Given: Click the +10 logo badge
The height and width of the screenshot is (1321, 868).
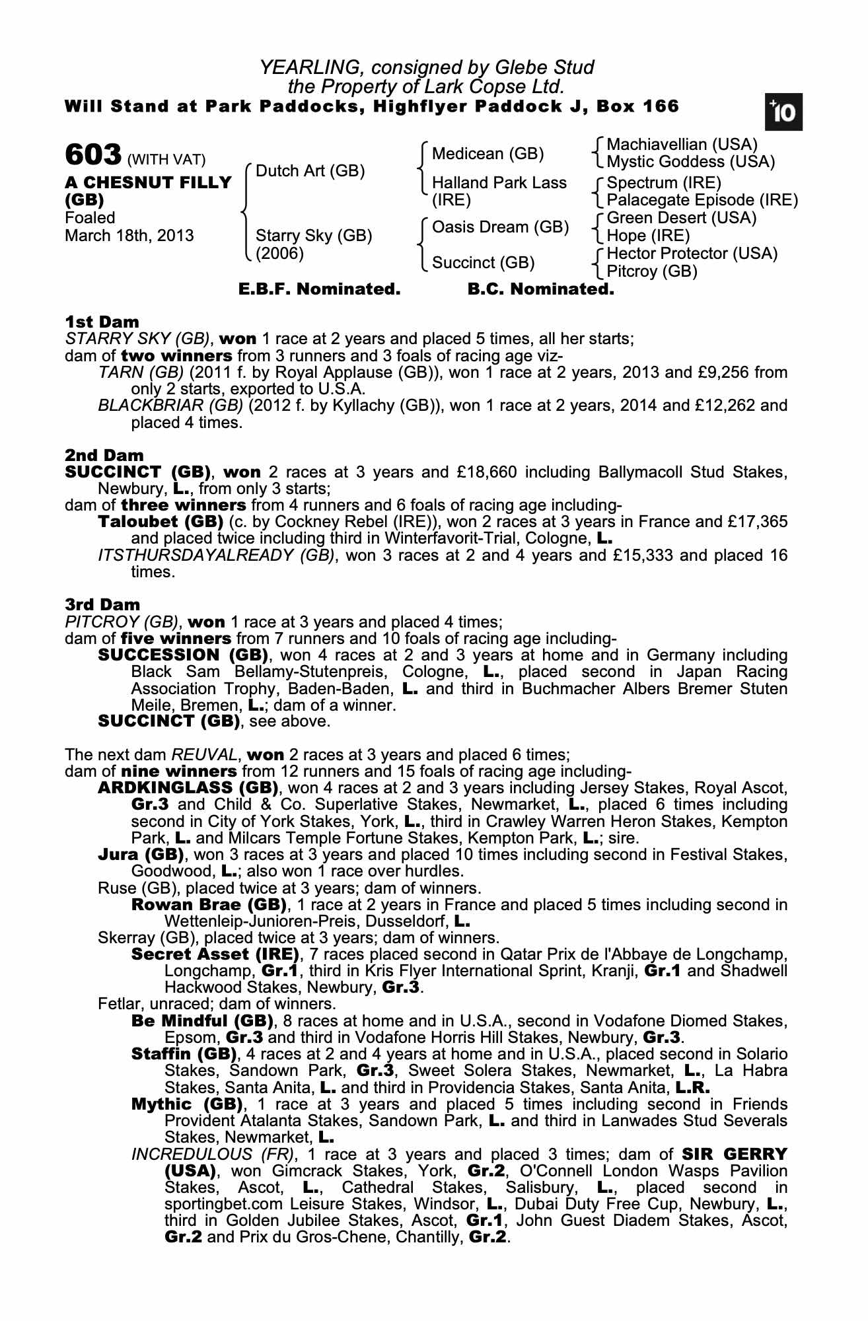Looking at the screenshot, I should tap(783, 112).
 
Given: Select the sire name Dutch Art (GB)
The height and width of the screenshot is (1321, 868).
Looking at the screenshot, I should tap(310, 171).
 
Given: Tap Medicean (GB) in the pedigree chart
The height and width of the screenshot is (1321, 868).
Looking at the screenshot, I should tap(488, 154).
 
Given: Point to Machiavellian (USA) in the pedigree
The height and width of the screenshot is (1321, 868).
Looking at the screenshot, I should tap(682, 145).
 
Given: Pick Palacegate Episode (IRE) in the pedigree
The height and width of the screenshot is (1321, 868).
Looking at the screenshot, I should tap(702, 200).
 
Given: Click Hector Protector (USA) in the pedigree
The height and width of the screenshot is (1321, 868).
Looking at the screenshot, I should tap(692, 254).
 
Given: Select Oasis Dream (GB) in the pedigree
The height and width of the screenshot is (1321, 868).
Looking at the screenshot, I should tap(500, 227).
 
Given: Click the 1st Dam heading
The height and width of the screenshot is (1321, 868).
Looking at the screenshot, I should tap(102, 322).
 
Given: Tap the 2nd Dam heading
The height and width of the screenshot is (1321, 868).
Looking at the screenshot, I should tap(104, 455).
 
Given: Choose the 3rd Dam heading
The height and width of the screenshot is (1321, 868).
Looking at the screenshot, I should tap(102, 604).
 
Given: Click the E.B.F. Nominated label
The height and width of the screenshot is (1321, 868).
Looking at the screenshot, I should tap(319, 289).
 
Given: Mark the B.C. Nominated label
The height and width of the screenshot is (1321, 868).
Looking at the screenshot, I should tap(540, 289).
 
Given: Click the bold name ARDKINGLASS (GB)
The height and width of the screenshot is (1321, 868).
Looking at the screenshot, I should tap(188, 788).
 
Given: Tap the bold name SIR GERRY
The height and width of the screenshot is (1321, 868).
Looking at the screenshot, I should tap(735, 1155).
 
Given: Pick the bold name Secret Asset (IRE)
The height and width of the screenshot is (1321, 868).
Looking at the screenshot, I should tap(215, 954).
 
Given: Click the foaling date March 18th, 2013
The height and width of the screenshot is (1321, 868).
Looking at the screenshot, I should tap(129, 236).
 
